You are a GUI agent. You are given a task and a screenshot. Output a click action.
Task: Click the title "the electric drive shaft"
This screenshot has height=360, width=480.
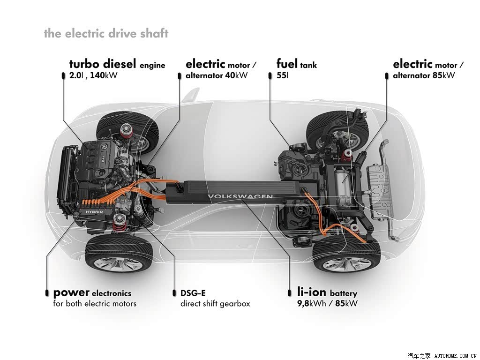106,33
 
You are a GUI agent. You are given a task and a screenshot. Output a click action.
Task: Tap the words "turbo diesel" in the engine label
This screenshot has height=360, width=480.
103,64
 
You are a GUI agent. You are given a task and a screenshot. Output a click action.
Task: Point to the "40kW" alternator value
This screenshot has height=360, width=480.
236,75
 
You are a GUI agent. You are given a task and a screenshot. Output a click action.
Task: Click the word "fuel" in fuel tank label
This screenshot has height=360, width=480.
287,64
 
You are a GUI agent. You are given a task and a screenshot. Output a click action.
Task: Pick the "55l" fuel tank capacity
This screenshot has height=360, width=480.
282,75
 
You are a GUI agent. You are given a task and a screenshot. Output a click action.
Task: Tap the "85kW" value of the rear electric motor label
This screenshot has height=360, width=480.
443,75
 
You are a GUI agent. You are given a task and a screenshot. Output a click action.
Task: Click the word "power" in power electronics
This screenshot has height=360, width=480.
71,293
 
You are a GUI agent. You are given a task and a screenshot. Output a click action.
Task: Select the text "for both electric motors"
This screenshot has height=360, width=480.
95,304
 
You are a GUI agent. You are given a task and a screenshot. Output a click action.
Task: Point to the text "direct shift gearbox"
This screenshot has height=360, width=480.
215,304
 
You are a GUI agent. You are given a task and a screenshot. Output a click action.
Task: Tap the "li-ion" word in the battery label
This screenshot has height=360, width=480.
312,292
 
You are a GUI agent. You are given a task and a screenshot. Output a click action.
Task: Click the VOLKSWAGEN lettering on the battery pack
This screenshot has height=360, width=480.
240,196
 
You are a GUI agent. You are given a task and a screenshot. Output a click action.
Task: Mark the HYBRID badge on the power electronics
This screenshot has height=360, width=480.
94,212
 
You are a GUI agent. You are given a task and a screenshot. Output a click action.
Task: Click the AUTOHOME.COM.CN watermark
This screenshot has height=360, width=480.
456,356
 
